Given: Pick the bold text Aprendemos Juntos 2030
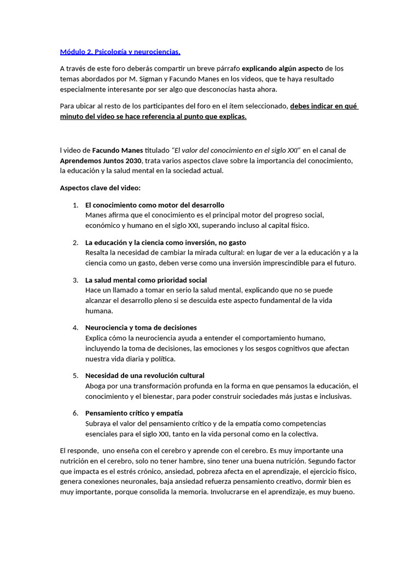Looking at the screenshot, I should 101,161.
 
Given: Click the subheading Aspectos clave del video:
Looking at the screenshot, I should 100,188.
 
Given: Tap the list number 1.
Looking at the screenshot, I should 75,205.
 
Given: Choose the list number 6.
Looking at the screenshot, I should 75,413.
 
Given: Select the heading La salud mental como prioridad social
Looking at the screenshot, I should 146,280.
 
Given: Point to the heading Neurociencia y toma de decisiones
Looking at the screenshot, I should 141,328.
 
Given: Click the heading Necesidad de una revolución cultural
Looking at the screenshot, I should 145,376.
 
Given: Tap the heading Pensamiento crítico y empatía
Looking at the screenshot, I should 134,413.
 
